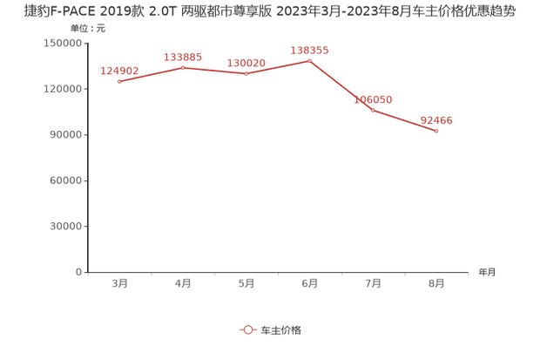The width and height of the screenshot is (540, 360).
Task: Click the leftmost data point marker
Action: pos(118,81)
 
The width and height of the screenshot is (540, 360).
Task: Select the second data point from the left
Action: pos(183,66)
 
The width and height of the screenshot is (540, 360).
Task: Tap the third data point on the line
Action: pos(246,73)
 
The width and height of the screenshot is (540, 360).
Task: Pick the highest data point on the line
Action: pos(310,60)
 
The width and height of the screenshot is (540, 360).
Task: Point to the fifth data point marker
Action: pos(373,110)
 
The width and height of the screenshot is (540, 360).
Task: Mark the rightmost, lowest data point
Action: pos(436,131)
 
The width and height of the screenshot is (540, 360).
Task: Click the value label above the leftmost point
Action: pos(118,70)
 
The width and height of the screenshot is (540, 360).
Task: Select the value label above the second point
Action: pos(183,57)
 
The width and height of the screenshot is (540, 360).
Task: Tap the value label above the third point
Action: pos(246,63)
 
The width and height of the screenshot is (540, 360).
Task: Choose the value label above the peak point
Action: pos(310,51)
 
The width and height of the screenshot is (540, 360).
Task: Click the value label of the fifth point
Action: pos(373,99)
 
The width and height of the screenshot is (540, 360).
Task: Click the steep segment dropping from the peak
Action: pos(341,85)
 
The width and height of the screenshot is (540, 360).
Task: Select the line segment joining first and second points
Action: pos(151,74)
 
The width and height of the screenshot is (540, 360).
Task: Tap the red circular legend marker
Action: pos(247,329)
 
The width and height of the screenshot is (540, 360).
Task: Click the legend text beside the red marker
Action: pos(281,329)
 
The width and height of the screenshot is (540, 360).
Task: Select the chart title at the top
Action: pos(270,11)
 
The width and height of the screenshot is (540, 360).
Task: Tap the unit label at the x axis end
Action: pos(486,271)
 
